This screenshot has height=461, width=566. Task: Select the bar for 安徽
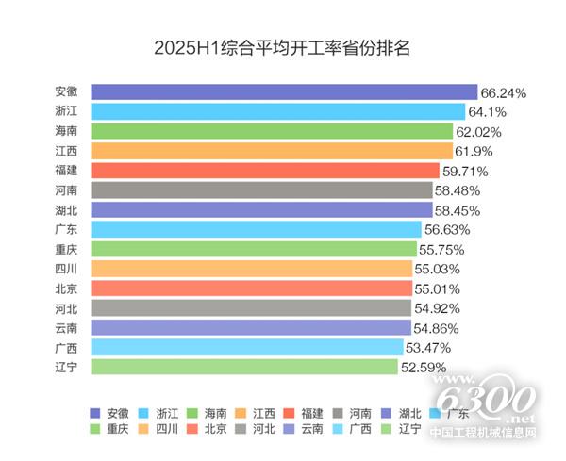tap(284, 92)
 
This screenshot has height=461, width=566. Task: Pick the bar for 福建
tap(265, 171)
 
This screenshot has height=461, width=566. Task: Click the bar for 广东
tap(256, 229)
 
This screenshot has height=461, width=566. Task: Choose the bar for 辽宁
tap(244, 366)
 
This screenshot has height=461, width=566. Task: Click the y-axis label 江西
tap(67, 151)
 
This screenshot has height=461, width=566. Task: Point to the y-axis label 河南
tap(67, 190)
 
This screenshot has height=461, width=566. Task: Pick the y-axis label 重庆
tap(67, 249)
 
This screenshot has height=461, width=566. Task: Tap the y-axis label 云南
tap(67, 327)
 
